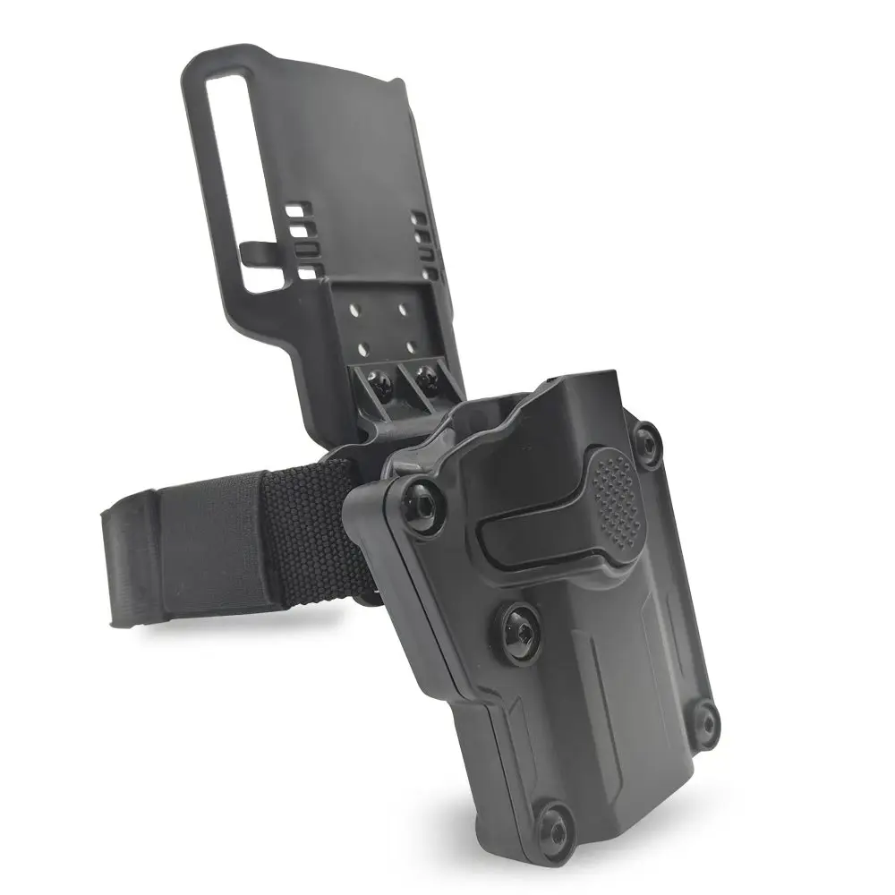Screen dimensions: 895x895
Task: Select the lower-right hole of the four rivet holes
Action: pyautogui.click(x=411, y=343)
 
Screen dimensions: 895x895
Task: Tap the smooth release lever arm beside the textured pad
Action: pyautogui.click(x=528, y=537)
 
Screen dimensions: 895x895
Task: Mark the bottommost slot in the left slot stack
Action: pyautogui.click(x=307, y=271)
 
